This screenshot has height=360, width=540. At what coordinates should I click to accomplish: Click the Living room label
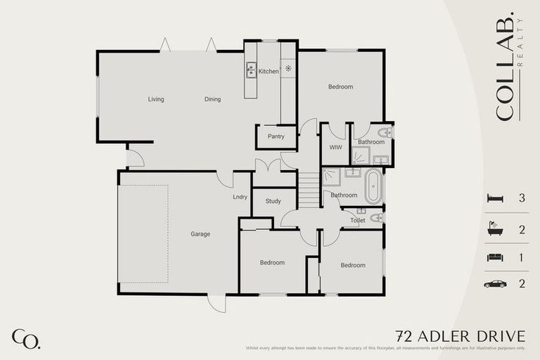pos(156,99)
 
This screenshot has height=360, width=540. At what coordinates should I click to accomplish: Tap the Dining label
pos(212,99)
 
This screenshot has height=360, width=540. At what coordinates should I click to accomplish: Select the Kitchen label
pos(269,72)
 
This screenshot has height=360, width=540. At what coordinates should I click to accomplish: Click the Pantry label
pos(276,136)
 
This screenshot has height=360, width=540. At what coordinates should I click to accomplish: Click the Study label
pos(273,201)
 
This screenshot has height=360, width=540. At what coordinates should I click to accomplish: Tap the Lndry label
pos(240,197)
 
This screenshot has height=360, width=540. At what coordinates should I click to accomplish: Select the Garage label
pos(200,234)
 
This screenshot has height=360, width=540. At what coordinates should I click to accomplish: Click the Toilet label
pos(357,220)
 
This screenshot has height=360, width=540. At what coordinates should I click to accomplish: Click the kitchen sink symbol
pos(251,70)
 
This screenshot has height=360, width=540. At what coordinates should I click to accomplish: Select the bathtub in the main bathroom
pos(373,186)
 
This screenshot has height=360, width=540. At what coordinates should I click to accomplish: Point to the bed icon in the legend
pos(495,199)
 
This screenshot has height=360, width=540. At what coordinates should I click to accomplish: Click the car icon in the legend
pos(495,284)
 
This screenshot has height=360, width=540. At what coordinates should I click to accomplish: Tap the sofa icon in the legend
pos(495,257)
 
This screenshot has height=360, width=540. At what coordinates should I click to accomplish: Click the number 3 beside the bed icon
pos(522,199)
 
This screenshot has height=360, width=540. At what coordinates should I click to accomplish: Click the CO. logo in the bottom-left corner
pos(26,338)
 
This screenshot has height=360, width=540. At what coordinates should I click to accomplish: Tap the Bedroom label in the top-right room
pos(340,86)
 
